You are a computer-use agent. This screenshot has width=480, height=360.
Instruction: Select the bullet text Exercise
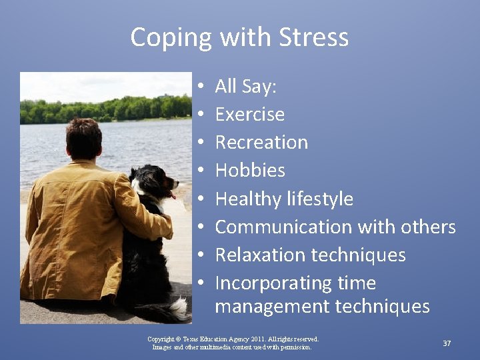[249, 115]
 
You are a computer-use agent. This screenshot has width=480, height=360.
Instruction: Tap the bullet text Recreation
[261, 143]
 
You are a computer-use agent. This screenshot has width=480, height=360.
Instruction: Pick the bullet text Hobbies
[250, 171]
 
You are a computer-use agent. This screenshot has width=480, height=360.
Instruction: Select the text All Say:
[246, 87]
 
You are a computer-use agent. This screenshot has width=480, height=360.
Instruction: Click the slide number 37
[447, 343]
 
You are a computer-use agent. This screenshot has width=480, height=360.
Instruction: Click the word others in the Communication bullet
[428, 227]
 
